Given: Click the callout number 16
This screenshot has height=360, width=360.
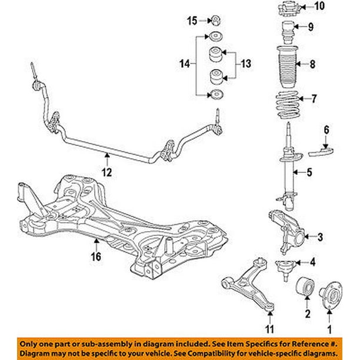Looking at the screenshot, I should (x=95, y=256).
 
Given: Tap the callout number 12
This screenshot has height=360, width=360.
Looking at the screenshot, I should (x=106, y=172).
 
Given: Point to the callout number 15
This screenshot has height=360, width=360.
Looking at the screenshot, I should (x=192, y=21).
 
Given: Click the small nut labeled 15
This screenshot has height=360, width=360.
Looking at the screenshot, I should (x=216, y=19).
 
